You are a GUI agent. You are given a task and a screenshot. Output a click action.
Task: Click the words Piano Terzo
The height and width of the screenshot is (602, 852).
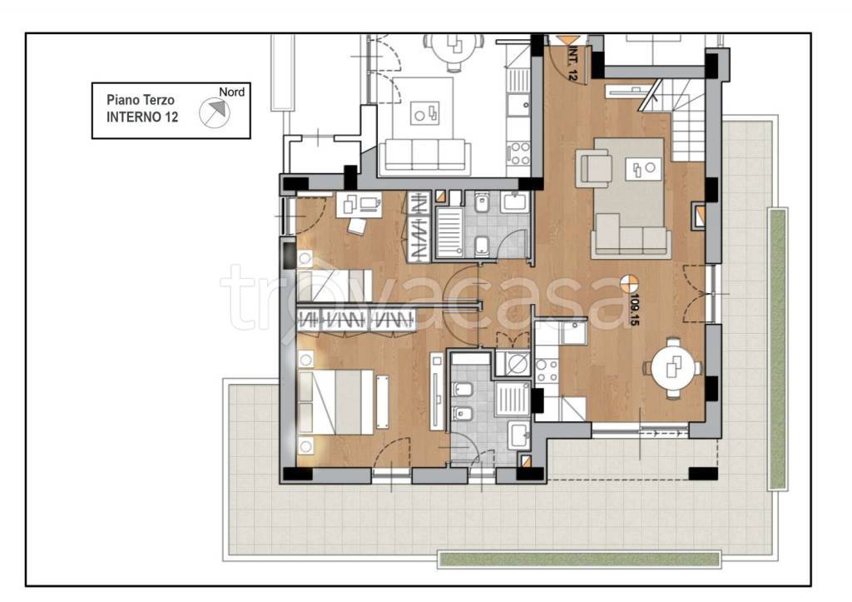coord(140,100)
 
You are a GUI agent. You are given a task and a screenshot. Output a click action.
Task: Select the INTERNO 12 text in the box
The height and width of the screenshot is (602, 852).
coord(141,117)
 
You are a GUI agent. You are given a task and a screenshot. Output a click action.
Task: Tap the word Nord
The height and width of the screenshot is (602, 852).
coord(231,92)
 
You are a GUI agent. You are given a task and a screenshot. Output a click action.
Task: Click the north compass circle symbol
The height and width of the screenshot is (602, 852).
coord(214,113)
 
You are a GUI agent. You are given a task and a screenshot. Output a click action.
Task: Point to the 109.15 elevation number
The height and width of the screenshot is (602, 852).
coord(633,310)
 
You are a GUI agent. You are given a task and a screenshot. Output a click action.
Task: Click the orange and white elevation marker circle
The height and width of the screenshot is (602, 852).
coord(629,283)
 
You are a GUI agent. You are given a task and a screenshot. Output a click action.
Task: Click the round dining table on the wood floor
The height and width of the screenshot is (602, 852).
coord(672,369)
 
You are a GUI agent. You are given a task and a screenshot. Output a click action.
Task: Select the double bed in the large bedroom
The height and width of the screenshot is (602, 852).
coord(336,402)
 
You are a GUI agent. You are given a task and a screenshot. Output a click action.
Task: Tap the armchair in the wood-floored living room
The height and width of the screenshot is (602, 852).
coord(596,168)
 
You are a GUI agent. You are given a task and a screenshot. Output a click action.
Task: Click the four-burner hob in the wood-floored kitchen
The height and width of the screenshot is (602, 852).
coord(547,371)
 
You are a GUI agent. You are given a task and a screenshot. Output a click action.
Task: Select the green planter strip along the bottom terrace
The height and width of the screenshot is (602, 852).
coord(579,559)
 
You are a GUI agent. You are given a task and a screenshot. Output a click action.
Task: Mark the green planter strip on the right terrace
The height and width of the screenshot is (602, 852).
coord(778,348)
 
